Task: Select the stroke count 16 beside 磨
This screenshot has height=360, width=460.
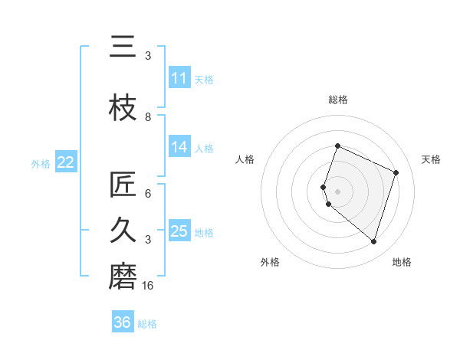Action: (x=148, y=286)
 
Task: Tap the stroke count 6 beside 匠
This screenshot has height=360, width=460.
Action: (x=148, y=194)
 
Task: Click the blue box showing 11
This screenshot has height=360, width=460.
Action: (x=179, y=78)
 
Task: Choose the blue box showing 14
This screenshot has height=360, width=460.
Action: (x=179, y=147)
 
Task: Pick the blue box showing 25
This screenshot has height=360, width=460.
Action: (x=179, y=231)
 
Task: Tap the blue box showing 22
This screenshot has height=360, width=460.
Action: (x=65, y=162)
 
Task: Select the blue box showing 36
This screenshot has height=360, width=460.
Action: (x=123, y=322)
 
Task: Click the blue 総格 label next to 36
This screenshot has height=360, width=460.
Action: (x=147, y=324)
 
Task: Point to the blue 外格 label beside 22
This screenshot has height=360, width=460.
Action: (x=41, y=163)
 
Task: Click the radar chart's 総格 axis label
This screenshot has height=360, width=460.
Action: (x=337, y=100)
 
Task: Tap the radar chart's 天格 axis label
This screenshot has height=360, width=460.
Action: (x=431, y=159)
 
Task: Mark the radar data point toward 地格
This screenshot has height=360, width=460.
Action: (x=373, y=241)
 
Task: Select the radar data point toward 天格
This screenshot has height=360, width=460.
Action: (x=396, y=172)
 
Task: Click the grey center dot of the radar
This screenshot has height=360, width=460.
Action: (x=337, y=191)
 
